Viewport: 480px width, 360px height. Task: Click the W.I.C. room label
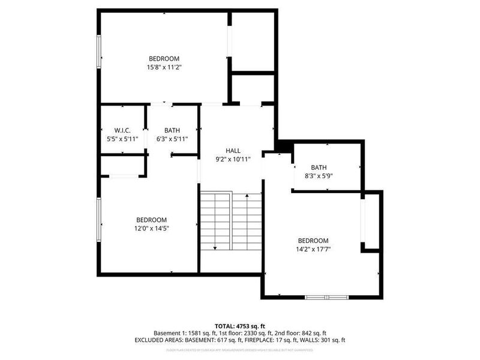[x=122, y=130]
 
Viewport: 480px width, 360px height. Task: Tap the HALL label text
[x=233, y=151]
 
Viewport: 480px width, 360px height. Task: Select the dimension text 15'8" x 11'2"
[x=164, y=67]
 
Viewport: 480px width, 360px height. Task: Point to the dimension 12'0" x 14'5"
[x=151, y=228]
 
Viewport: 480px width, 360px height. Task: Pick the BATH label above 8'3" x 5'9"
[x=319, y=167]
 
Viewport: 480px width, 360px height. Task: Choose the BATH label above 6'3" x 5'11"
[x=172, y=130]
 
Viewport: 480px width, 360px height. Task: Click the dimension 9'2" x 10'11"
[x=233, y=159]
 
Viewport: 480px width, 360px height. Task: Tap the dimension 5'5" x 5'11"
[x=122, y=139]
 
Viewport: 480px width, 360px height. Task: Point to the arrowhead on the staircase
[x=215, y=247]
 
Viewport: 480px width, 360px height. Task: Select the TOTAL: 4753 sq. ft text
[x=240, y=326]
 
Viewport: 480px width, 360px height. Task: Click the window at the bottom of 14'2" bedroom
[x=326, y=296]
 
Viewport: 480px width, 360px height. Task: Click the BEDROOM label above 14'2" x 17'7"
[x=313, y=240]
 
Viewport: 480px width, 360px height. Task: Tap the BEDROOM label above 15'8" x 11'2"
[x=164, y=58]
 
